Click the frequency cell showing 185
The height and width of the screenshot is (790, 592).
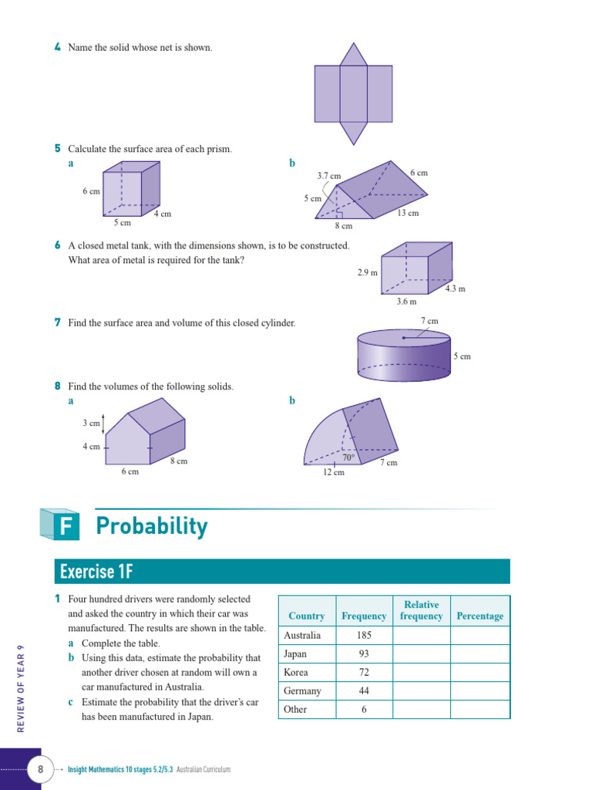pos(364,636)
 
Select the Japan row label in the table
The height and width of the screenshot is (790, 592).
pos(295,654)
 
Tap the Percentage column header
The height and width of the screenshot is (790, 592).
pos(479,616)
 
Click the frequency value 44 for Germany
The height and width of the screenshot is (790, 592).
pos(364,691)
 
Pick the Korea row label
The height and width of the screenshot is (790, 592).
pos(296,673)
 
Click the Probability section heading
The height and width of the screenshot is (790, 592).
pos(152,526)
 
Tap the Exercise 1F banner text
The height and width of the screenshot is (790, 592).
pos(96,572)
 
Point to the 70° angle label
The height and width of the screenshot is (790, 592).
pos(348,457)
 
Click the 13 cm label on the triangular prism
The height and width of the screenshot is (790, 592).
pos(408,213)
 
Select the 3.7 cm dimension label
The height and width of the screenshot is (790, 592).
pos(328,176)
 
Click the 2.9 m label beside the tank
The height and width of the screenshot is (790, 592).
pos(367,272)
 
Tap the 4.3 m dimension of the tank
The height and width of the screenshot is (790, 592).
pos(455,289)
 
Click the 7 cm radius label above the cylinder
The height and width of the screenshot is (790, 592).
pos(429,321)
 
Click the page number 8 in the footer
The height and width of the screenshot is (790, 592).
pos(39,769)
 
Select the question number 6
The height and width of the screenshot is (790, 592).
pos(58,245)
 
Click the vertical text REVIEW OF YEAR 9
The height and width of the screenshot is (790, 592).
pos(22,687)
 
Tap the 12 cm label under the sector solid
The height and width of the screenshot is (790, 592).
pos(333,472)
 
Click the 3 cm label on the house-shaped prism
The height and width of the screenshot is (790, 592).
pos(91,424)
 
